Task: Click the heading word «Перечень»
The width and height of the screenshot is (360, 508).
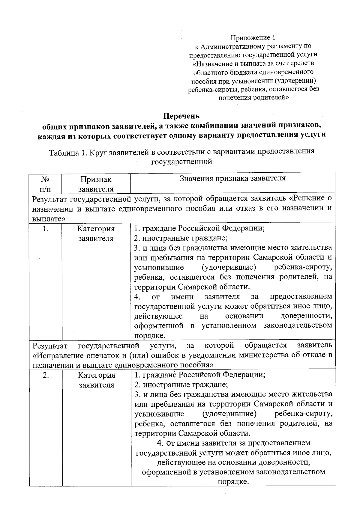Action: (181, 116)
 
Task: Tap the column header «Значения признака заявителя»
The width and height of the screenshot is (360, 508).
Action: (232, 178)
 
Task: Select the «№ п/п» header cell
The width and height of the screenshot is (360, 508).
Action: (45, 184)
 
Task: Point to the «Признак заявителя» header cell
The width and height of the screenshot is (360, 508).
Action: (96, 184)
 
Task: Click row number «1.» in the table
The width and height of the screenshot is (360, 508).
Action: (46, 229)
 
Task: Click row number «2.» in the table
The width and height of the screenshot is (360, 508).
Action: (46, 375)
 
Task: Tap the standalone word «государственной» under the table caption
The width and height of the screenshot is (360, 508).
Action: (182, 162)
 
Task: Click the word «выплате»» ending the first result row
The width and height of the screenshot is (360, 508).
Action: (49, 219)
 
